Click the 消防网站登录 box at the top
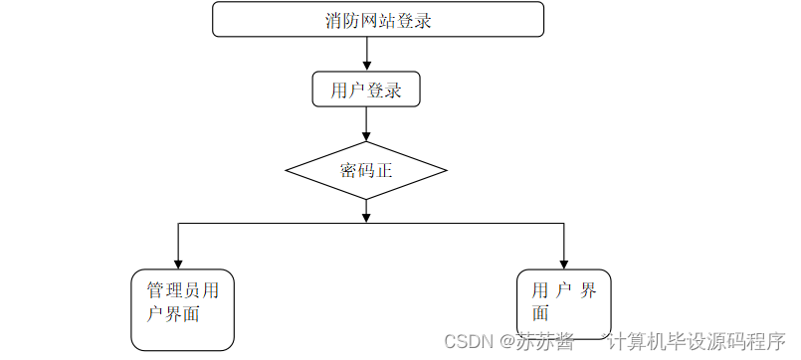[378, 20]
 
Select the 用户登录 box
[366, 90]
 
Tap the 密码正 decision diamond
[366, 170]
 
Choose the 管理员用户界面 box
[183, 309]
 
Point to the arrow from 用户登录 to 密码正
[367, 123]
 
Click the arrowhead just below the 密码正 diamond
[367, 216]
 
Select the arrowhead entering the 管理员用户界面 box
[179, 263]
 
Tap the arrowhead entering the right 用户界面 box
[564, 263]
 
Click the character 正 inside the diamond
[385, 170]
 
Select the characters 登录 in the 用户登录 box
[384, 90]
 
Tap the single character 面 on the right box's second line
[539, 312]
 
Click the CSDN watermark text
[469, 341]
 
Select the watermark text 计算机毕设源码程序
[697, 341]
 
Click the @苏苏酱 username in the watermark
[537, 341]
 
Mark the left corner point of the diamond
[287, 170]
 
